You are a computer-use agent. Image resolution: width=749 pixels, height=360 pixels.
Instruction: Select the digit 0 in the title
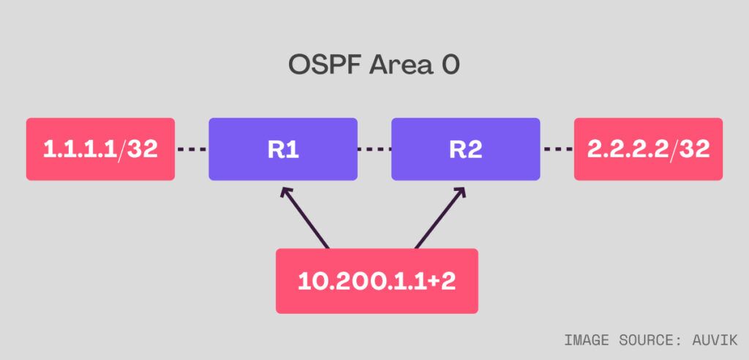coord(450,66)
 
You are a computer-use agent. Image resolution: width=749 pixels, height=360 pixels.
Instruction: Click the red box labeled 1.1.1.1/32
coord(100,149)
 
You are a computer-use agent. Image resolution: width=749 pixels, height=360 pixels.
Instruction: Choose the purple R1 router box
coord(283,149)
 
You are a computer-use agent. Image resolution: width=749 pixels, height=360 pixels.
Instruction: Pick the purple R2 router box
coord(466,149)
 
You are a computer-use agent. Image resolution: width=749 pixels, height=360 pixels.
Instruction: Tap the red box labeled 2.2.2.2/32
coord(648,149)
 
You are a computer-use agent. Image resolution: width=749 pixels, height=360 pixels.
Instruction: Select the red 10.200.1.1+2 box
coord(377,281)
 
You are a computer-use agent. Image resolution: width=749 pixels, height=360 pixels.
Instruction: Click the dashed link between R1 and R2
coord(374,149)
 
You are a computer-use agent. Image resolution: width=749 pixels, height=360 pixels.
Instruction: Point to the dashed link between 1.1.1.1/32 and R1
coord(192,149)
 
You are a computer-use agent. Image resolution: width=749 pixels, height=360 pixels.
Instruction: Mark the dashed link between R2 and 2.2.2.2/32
coord(557,149)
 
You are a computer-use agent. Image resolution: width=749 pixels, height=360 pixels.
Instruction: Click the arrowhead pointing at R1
coord(286,192)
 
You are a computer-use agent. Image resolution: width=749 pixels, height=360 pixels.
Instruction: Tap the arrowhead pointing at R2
coord(459,192)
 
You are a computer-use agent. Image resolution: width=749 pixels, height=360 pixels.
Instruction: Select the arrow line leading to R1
coord(305,218)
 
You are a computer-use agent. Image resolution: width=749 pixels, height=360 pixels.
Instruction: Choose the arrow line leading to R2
coord(440,218)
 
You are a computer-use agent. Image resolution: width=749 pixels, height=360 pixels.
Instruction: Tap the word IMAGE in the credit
coord(587,340)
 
